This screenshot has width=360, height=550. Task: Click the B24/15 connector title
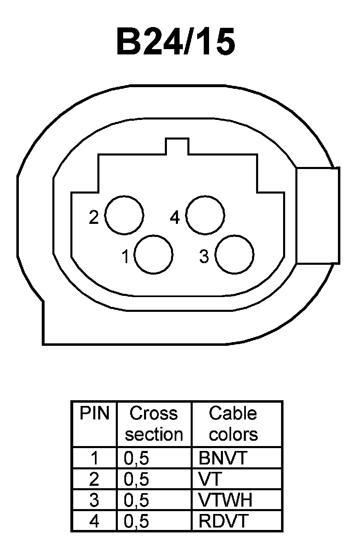pos(176,43)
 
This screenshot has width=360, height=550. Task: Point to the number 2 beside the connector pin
pos(94,217)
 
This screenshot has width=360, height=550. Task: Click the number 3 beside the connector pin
pos(204,257)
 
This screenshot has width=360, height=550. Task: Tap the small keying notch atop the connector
pos(177,146)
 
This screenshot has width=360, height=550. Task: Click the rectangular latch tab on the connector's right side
pos(318,215)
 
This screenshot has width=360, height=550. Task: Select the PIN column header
pos(94,414)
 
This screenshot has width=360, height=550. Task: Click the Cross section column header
pos(154,424)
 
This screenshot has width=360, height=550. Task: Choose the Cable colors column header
pos(233,424)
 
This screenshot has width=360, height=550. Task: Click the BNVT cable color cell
pos(223,458)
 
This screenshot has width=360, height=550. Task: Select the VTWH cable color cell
pos(225,500)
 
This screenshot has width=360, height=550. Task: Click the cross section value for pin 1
pos(136,458)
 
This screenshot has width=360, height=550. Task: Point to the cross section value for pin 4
pos(136,521)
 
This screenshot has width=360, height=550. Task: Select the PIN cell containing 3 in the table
pos(94,500)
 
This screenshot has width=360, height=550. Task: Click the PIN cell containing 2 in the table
pos(94,479)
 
